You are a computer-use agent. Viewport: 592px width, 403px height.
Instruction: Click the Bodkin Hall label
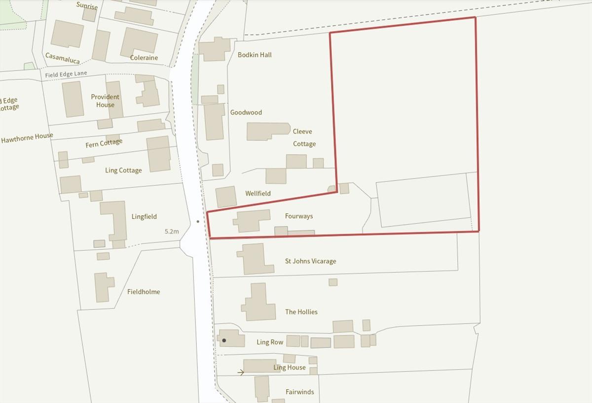click(255, 55)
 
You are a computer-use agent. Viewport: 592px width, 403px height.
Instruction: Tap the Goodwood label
click(246, 112)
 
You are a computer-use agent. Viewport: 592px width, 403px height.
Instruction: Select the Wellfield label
click(258, 194)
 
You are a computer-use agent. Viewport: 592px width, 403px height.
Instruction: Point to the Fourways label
click(299, 216)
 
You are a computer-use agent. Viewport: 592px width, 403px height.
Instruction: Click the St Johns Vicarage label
click(311, 261)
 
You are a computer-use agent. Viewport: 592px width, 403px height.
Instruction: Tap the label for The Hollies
click(301, 312)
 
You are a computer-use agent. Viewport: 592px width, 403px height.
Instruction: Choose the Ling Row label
click(270, 342)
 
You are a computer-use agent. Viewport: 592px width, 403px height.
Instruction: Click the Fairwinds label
click(300, 392)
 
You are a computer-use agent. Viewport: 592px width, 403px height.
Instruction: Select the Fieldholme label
click(144, 292)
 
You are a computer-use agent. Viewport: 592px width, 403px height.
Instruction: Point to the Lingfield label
click(144, 217)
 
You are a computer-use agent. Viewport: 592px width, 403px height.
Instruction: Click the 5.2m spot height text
click(172, 231)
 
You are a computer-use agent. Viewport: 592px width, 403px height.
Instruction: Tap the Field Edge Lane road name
click(66, 74)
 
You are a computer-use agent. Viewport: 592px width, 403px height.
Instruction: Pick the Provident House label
click(105, 101)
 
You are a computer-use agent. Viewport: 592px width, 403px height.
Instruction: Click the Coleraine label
click(144, 58)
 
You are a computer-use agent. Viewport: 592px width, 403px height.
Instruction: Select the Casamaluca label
click(63, 58)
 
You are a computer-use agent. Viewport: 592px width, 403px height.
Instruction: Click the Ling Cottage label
click(123, 170)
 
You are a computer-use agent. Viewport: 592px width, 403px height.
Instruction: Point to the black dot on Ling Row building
click(224, 340)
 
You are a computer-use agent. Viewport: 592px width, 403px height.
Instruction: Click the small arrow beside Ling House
click(241, 372)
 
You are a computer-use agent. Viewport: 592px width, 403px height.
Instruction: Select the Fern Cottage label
click(104, 143)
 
